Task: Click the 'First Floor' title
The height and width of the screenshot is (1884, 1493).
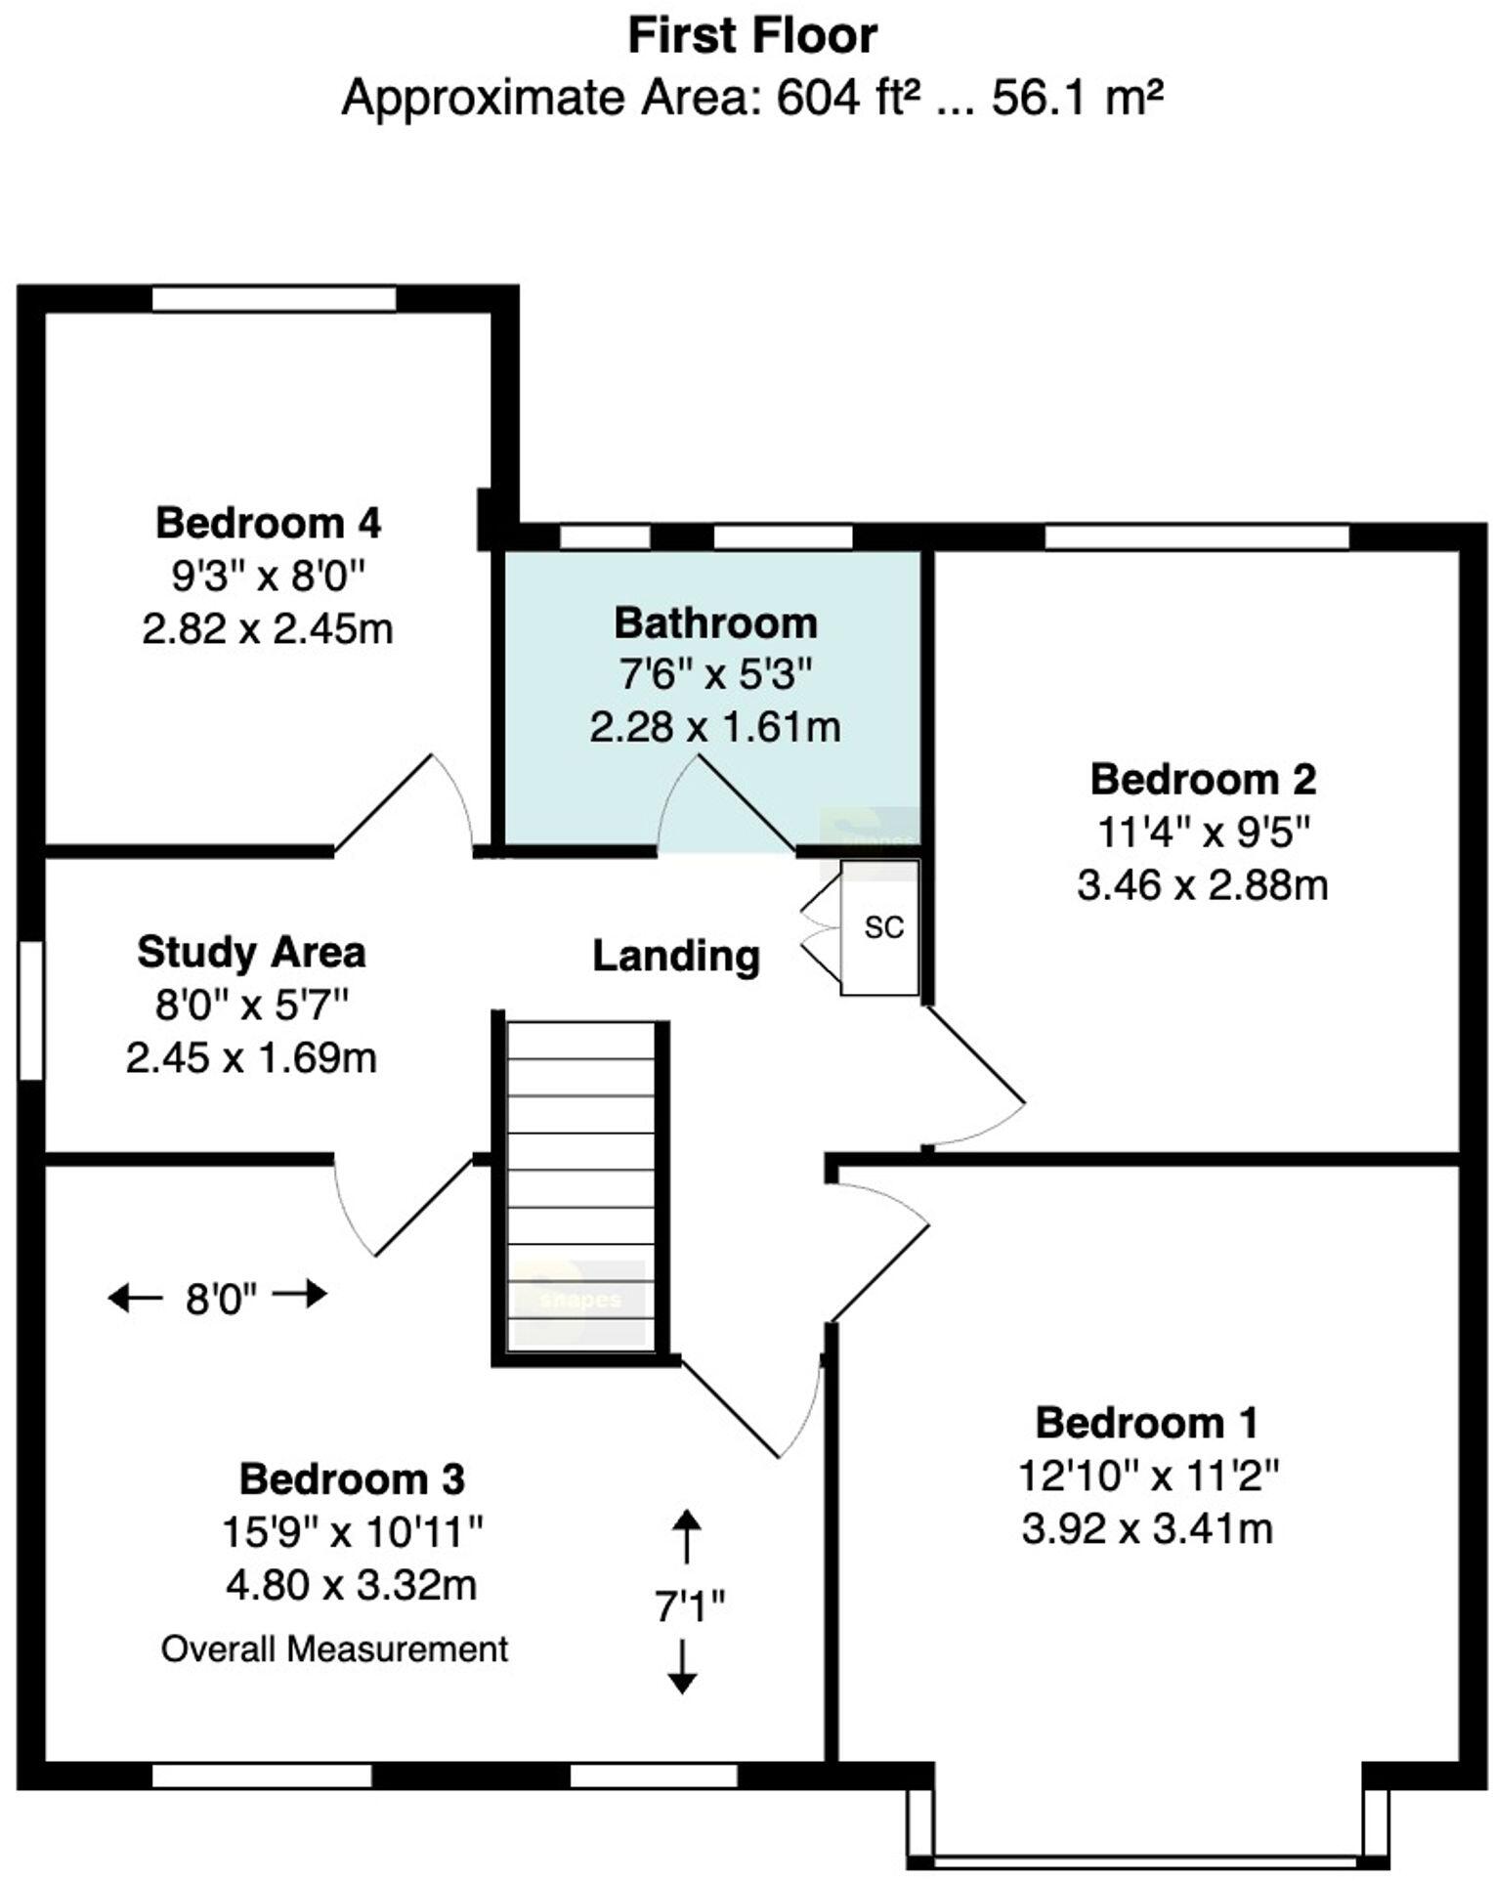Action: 751,36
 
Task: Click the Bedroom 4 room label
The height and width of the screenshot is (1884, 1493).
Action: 268,523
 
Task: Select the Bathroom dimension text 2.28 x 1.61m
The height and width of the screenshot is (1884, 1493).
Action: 714,727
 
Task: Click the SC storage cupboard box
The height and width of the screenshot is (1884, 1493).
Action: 880,926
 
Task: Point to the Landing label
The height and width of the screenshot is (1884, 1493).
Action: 676,956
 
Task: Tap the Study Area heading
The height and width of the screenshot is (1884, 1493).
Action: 251,952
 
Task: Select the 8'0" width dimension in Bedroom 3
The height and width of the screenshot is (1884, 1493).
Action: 221,1299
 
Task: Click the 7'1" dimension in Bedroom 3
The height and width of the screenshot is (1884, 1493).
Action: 689,1606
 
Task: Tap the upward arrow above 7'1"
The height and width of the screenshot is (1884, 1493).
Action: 685,1535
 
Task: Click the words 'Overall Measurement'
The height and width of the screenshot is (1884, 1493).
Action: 334,1649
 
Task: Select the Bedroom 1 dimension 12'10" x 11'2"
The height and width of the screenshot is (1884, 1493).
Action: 1148,1476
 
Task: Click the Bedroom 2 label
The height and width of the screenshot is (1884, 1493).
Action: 1203,780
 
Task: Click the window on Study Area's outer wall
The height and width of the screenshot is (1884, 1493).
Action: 31,1009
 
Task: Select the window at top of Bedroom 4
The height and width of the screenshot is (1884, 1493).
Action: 274,298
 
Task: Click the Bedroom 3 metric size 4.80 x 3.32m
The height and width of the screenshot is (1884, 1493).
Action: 351,1585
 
